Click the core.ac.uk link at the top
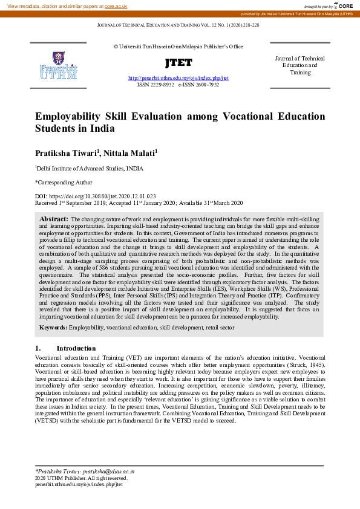(115, 6)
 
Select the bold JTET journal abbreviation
(178, 63)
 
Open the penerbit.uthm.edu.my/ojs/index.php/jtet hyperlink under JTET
(178, 79)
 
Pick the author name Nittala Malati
(129, 154)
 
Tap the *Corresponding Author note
(64, 181)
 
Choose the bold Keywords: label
(54, 327)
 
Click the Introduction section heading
(76, 348)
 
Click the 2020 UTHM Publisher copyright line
(81, 478)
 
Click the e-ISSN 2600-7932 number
(198, 86)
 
